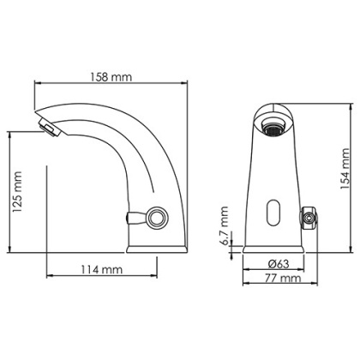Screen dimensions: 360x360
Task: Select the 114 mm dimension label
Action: [x=101, y=268]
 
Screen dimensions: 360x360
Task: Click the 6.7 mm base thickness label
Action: [x=224, y=224]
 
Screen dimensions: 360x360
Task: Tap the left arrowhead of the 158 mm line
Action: [x=36, y=84]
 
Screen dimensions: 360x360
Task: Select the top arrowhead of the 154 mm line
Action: [x=334, y=106]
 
